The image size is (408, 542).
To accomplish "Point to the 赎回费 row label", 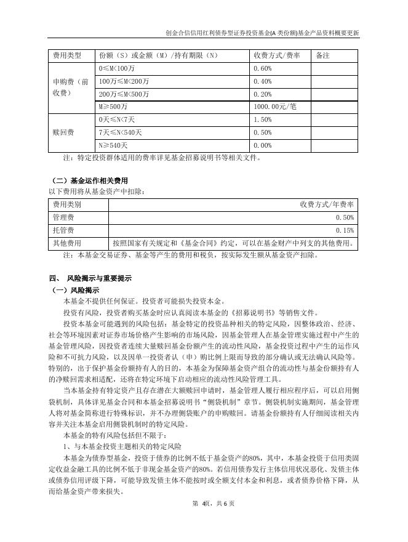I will click(64, 132).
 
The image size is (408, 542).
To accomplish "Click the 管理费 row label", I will click(64, 217).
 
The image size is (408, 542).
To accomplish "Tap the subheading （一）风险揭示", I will click(73, 289).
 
